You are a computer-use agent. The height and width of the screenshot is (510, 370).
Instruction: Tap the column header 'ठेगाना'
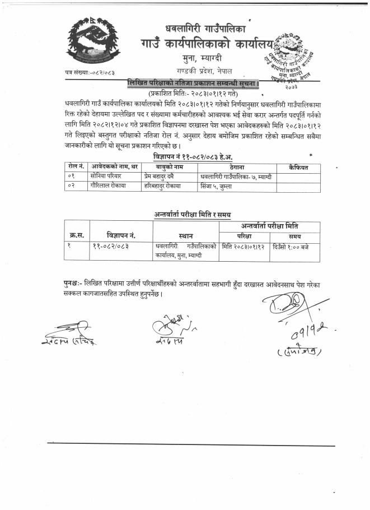tap(237, 167)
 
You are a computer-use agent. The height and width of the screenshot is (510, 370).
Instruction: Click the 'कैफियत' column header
tap(299, 167)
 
